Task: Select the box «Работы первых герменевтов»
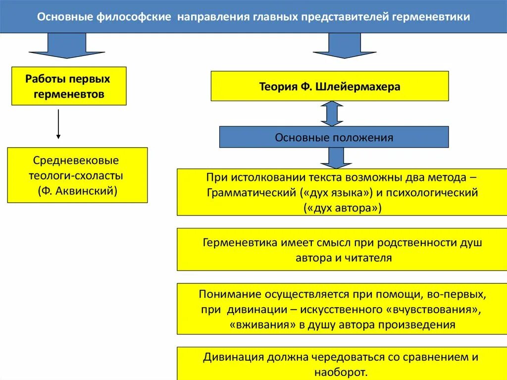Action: (68, 86)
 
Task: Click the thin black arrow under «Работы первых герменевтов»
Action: (58, 124)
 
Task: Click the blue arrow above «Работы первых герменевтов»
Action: (58, 45)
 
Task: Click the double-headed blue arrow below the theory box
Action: (331, 113)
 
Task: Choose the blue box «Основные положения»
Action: (334, 137)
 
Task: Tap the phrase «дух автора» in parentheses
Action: (342, 208)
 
